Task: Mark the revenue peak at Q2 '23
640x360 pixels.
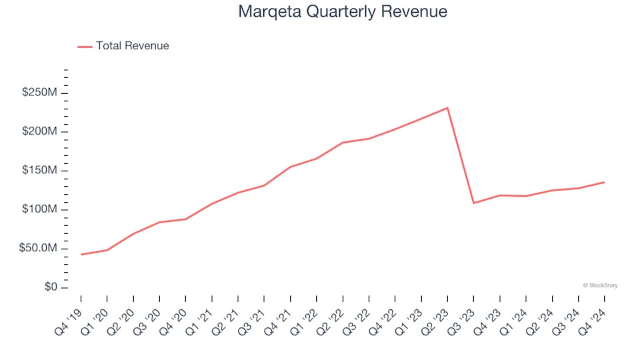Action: [447, 108]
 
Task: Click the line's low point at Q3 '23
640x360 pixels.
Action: [473, 203]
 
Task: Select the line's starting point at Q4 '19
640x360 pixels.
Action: [81, 255]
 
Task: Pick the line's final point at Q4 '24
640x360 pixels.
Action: [604, 182]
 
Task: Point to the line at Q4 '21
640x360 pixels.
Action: [291, 167]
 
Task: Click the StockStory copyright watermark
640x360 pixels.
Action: [600, 285]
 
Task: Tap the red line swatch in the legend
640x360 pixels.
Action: [85, 47]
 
